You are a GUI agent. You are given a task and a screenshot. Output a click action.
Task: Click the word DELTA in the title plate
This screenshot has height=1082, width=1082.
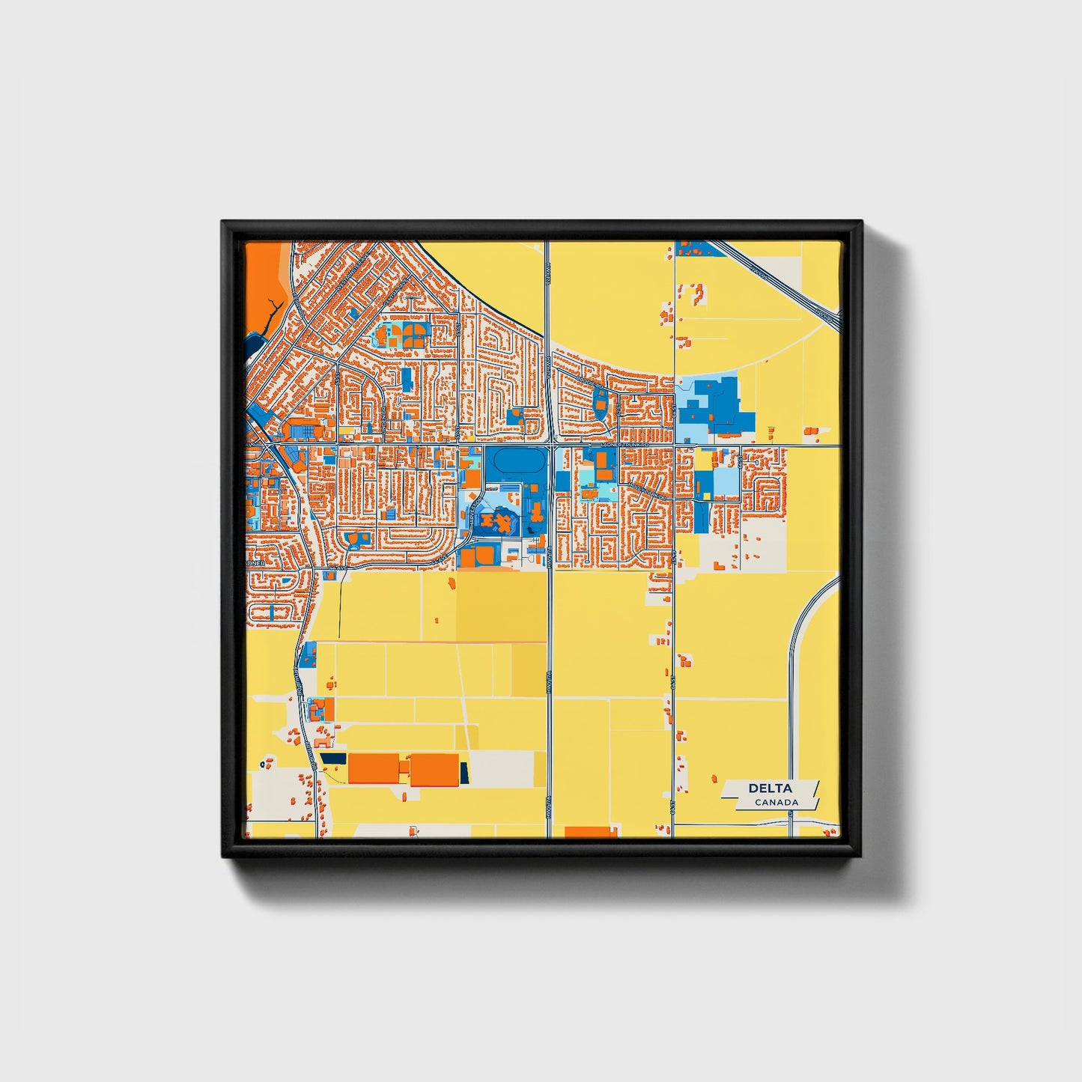770,788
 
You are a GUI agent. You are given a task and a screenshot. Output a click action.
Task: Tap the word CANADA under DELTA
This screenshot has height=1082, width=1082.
776,803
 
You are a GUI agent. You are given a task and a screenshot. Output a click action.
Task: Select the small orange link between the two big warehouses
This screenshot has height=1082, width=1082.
404,768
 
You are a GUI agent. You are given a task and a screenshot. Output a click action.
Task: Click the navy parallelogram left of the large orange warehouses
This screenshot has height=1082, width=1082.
333,759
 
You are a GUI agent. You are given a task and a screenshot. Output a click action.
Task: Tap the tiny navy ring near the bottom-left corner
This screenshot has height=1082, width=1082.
261,765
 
